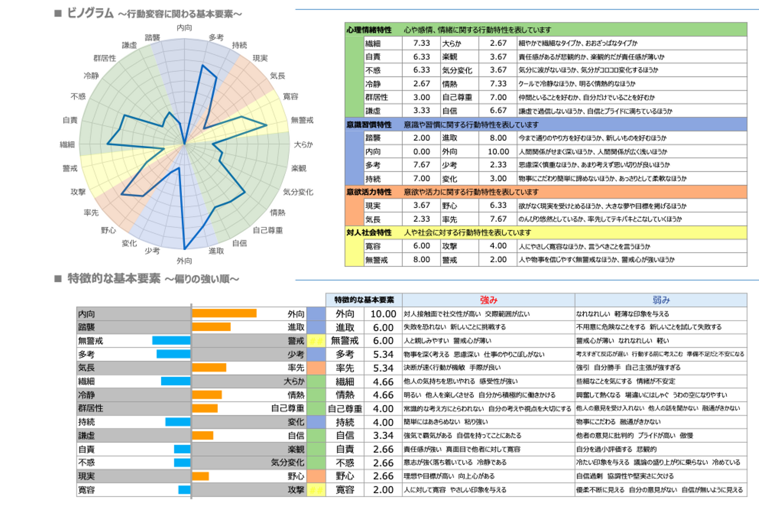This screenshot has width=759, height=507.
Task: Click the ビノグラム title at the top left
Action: [x=90, y=13]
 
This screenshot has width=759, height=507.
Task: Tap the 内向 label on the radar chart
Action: [x=184, y=27]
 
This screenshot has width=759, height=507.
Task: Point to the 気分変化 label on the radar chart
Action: [x=298, y=192]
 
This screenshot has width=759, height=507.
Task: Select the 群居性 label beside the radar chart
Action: [x=104, y=58]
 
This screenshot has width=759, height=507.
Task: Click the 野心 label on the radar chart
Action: [x=108, y=230]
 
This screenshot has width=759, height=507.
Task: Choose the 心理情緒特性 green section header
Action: [x=369, y=30]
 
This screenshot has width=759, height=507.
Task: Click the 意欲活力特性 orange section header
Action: [x=369, y=192]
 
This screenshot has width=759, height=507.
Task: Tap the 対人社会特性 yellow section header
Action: [x=369, y=233]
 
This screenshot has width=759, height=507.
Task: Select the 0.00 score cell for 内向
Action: [x=421, y=151]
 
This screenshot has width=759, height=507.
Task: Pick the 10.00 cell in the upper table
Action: [x=498, y=151]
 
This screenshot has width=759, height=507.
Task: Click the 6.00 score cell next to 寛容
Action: [x=421, y=246]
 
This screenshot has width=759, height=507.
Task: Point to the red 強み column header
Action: [x=488, y=300]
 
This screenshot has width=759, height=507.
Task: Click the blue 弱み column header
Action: [x=661, y=300]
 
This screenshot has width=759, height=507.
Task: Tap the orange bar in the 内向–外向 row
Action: [x=224, y=313]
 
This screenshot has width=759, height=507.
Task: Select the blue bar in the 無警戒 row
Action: [x=171, y=341]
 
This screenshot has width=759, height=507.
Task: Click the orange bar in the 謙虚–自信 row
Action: [x=203, y=436]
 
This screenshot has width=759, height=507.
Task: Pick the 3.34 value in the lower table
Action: [x=383, y=436]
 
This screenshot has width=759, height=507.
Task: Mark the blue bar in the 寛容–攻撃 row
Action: [x=184, y=490]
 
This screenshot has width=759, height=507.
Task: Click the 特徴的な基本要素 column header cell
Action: [x=364, y=300]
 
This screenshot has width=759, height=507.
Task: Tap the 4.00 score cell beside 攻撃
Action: [x=498, y=246]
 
